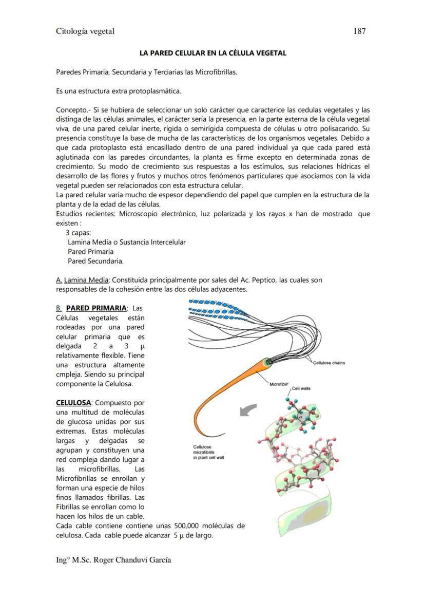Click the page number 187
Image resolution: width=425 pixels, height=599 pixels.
click(x=359, y=31)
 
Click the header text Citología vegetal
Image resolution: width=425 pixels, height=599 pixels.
click(x=85, y=31)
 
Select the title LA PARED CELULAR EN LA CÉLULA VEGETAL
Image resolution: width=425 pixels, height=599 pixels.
click(x=213, y=53)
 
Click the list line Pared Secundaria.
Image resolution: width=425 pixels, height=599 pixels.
click(x=95, y=261)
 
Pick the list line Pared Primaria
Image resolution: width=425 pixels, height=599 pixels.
click(x=90, y=252)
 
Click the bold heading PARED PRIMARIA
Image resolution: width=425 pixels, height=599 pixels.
click(x=96, y=308)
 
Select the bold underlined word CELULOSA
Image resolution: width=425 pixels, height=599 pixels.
click(x=73, y=403)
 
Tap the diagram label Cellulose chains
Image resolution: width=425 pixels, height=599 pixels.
click(x=329, y=363)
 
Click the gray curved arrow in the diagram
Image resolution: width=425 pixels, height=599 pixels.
click(x=248, y=409)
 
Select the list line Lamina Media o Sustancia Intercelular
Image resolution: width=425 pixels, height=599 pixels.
click(x=126, y=242)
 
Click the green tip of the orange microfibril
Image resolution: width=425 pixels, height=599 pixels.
click(x=266, y=363)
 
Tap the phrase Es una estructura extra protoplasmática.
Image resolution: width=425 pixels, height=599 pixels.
click(x=119, y=91)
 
